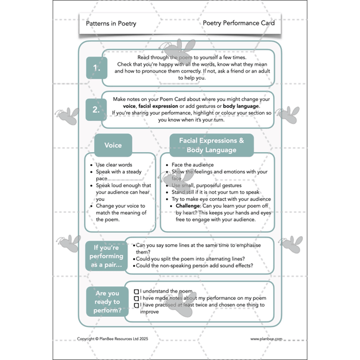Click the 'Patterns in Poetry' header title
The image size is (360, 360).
tap(111, 24)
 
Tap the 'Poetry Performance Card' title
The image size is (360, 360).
tap(239, 23)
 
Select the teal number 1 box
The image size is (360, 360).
tap(96, 68)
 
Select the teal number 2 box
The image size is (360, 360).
tap(96, 110)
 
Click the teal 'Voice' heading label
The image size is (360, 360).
tap(113, 145)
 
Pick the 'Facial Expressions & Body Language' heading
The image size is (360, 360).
tap(211, 145)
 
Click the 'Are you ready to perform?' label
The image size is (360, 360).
tap(106, 302)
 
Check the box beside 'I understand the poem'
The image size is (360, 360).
tap(136, 292)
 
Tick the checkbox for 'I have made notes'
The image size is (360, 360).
tap(136, 298)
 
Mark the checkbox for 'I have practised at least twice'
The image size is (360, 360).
tap(136, 305)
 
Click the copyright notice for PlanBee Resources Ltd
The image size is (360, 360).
tap(112, 339)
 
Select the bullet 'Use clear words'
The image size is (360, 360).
tap(114, 165)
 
